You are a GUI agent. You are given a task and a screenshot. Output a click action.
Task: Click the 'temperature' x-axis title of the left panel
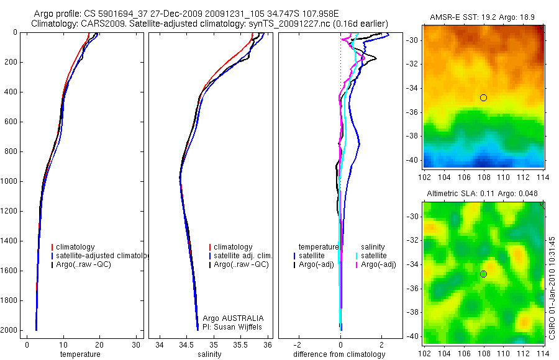tap(80, 354)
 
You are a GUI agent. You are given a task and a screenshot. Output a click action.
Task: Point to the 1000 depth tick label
tap(9, 182)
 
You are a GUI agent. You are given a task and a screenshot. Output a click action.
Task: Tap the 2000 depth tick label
tap(9, 330)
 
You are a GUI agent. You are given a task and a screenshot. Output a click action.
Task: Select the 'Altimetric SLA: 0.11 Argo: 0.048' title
tap(483, 195)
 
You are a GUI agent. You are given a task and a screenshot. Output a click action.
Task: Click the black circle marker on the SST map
tap(483, 97)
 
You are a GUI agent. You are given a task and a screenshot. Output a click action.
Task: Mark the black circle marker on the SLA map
tap(483, 274)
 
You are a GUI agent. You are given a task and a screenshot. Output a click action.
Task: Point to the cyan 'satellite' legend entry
tap(373, 256)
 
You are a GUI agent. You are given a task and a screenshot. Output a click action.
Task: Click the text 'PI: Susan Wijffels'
tap(233, 326)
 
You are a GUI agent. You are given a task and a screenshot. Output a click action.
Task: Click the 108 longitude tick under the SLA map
tap(483, 352)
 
